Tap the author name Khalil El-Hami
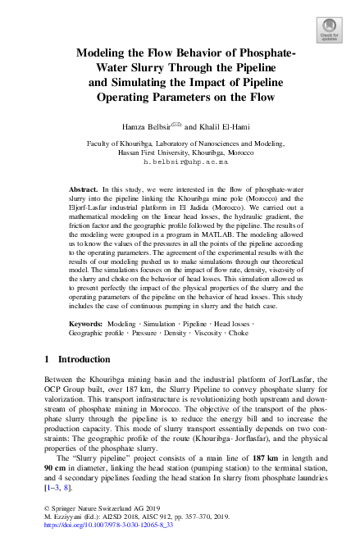[226, 127]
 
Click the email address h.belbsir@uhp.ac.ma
[180, 162]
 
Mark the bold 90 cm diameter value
[57, 467]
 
